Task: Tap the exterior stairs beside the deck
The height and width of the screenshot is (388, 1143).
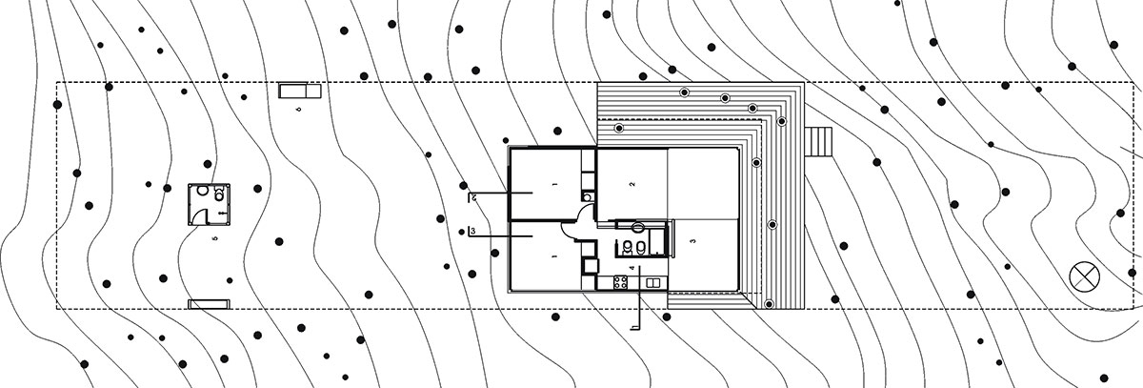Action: tap(818, 143)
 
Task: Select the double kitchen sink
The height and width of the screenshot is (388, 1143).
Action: tap(653, 282)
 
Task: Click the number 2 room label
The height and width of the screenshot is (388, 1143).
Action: tap(631, 183)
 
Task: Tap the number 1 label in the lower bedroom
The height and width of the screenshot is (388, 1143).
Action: tap(551, 256)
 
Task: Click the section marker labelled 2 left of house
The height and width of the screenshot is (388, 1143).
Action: tap(473, 196)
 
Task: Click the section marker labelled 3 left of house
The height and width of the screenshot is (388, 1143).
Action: tap(473, 231)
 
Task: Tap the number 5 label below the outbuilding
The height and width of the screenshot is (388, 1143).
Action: tap(215, 238)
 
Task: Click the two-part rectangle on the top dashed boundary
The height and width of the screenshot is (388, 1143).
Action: tap(301, 91)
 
